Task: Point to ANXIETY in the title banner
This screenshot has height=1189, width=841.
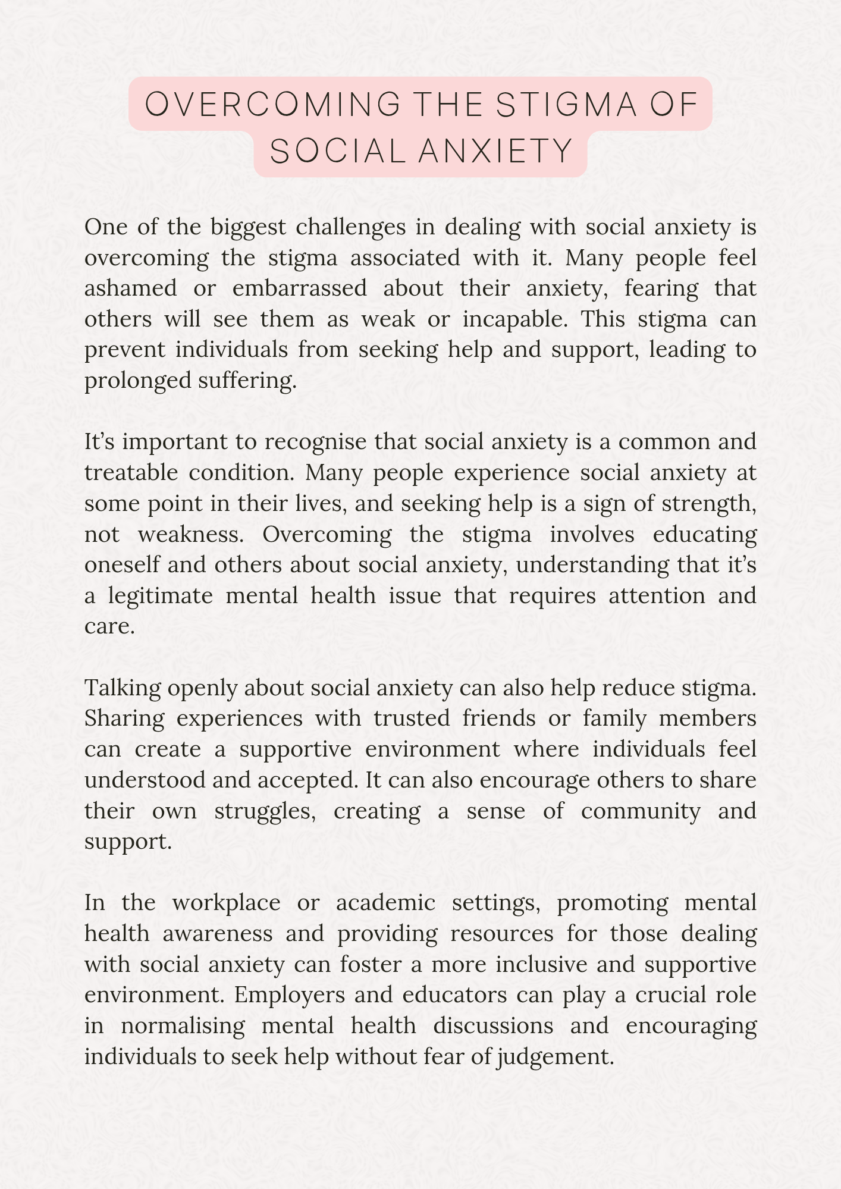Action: (x=495, y=151)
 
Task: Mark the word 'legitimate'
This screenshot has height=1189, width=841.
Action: (x=161, y=595)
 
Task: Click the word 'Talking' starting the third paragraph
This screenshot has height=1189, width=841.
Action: (x=121, y=688)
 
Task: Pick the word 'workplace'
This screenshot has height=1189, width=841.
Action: (x=226, y=902)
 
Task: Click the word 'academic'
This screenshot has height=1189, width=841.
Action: (x=385, y=902)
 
